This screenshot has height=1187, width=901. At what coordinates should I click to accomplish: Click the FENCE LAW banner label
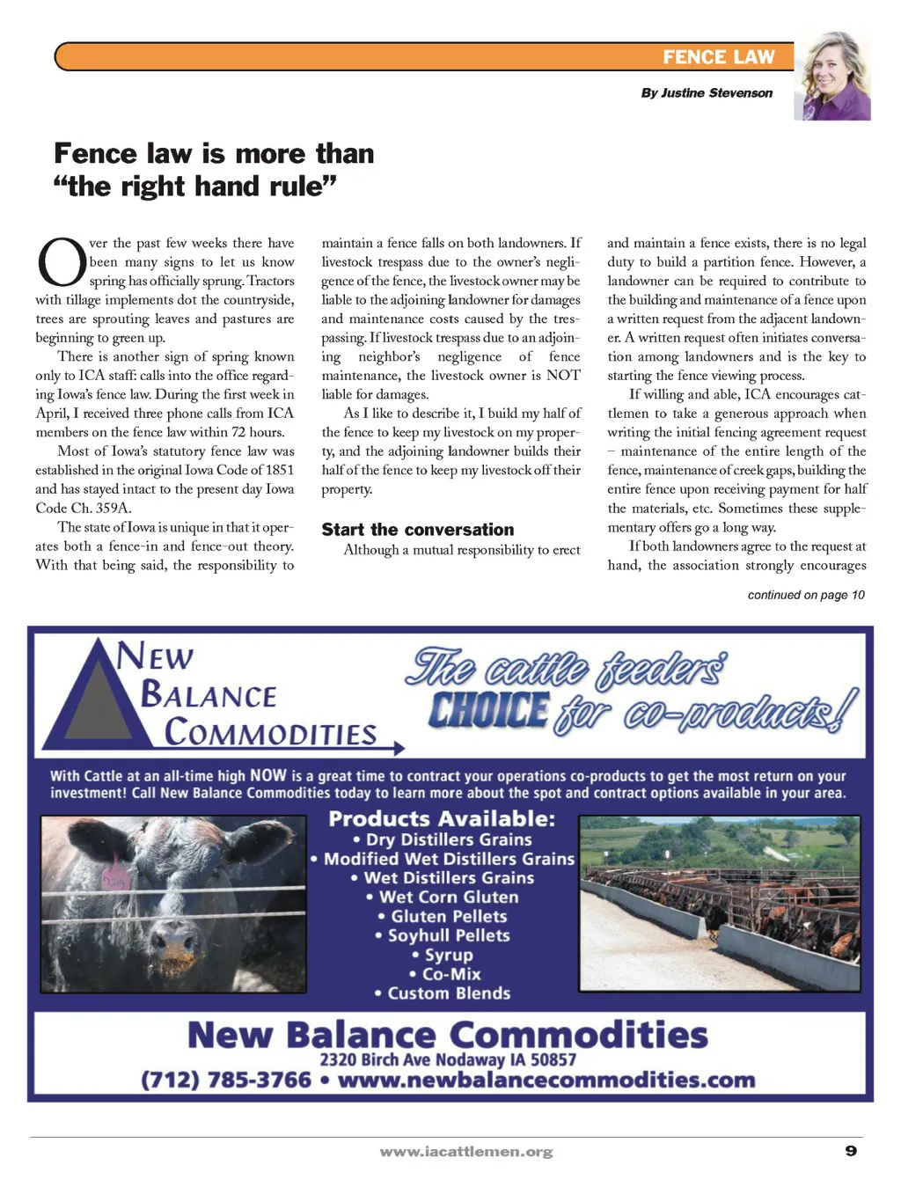pyautogui.click(x=718, y=57)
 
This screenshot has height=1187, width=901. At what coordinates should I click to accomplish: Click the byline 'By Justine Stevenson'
pyautogui.click(x=707, y=92)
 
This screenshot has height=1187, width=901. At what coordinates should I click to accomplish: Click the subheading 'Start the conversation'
pyautogui.click(x=417, y=529)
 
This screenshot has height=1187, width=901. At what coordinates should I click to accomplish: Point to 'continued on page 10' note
pyautogui.click(x=805, y=595)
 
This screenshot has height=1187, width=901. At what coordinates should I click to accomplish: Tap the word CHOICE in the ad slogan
pyautogui.click(x=488, y=711)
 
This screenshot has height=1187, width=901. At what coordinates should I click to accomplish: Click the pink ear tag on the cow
pyautogui.click(x=114, y=877)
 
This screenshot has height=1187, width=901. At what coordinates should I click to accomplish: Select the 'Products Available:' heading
pyautogui.click(x=442, y=818)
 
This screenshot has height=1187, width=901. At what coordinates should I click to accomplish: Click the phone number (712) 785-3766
pyautogui.click(x=226, y=1080)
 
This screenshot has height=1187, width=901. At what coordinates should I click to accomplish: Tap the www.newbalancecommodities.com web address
pyautogui.click(x=546, y=1080)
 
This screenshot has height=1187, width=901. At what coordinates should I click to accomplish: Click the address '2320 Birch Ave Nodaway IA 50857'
pyautogui.click(x=448, y=1059)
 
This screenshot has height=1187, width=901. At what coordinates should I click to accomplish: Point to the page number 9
pyautogui.click(x=850, y=1150)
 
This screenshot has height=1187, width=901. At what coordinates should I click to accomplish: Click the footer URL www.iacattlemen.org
pyautogui.click(x=466, y=1151)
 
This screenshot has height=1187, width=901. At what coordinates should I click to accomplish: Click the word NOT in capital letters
pyautogui.click(x=563, y=376)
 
